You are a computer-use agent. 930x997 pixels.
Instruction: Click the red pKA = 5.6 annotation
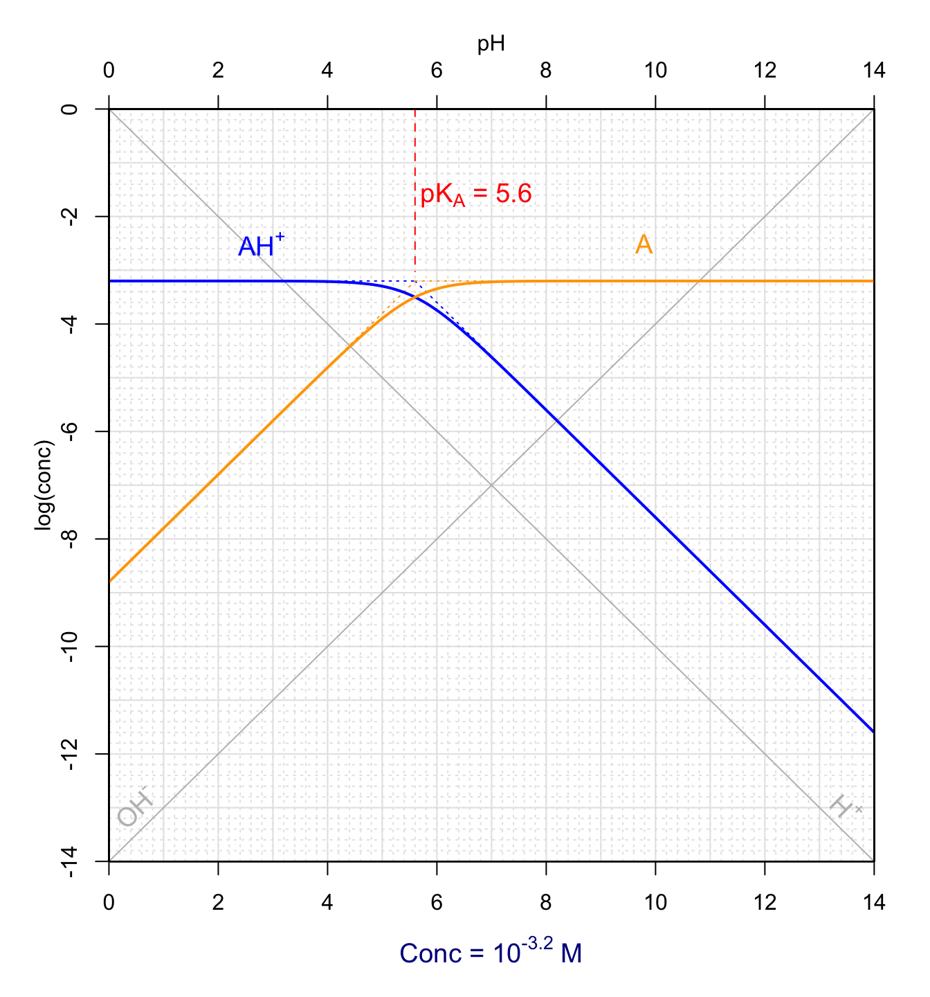tap(476, 195)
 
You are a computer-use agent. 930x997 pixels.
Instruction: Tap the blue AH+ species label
tap(260, 246)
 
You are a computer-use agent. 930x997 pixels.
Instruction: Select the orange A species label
tap(644, 244)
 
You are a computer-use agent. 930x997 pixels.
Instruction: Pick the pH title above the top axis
tap(491, 44)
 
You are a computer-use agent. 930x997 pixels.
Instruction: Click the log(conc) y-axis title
tap(44, 485)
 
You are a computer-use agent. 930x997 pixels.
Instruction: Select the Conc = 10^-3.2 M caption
tap(491, 953)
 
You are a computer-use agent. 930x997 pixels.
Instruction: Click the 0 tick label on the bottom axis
tap(109, 902)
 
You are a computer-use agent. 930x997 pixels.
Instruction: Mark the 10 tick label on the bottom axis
tap(655, 902)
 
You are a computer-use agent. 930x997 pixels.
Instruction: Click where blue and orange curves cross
tap(415, 297)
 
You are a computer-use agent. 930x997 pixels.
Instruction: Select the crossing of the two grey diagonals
tap(491, 485)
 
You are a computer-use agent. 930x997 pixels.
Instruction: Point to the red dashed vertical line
tap(415, 152)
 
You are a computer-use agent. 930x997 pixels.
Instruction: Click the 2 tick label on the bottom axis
tap(218, 902)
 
